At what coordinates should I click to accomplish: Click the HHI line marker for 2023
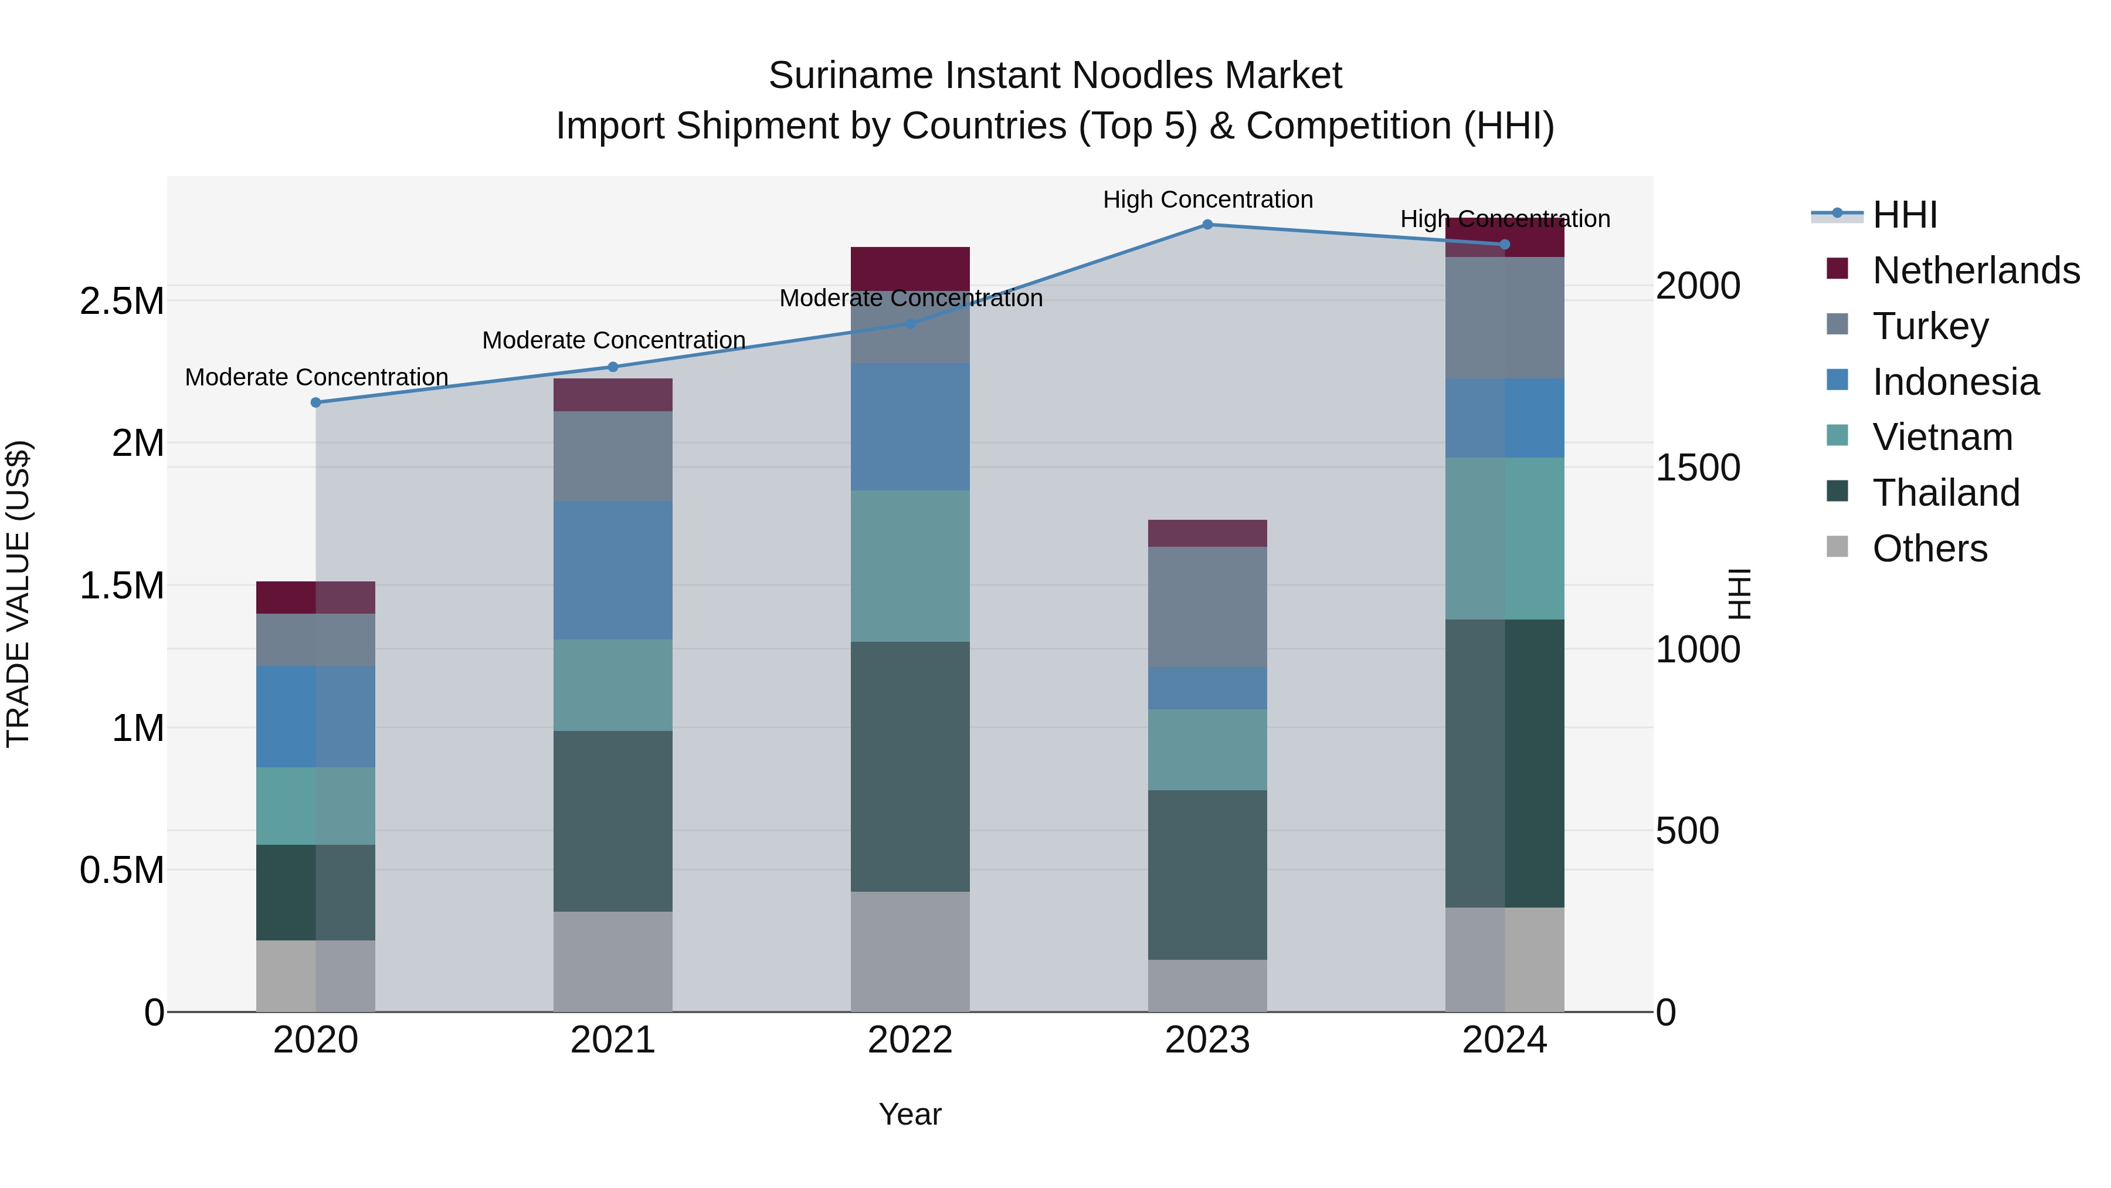point(1207,225)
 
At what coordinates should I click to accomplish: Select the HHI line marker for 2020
point(315,402)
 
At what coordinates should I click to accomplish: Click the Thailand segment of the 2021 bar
point(612,821)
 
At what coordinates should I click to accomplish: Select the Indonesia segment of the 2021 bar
point(612,570)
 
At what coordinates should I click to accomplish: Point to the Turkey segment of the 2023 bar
point(1207,607)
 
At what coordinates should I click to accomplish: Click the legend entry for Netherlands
point(1975,270)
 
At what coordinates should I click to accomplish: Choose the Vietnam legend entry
point(1942,437)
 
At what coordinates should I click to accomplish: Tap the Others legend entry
point(1929,549)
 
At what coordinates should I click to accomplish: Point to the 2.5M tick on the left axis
point(121,302)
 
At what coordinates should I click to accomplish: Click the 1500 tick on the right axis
point(1697,468)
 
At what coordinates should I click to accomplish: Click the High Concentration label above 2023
point(1207,199)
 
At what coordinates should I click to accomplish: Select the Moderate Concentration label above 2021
point(613,340)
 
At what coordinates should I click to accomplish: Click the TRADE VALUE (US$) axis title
point(18,594)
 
